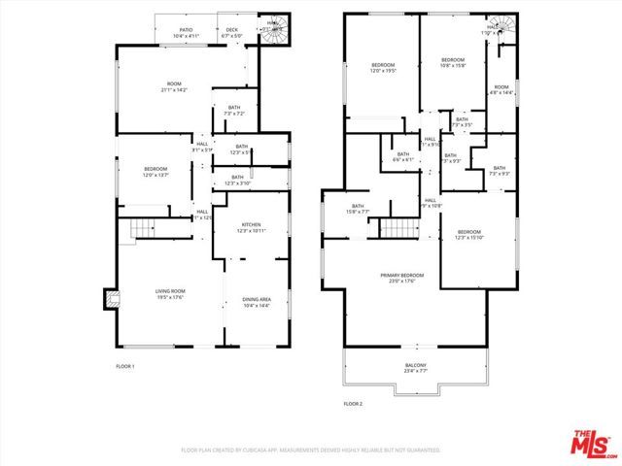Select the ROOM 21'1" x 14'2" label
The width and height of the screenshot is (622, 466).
(x=175, y=87)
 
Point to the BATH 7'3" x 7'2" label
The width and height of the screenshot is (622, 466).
(x=234, y=111)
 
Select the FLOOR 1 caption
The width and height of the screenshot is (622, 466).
(x=125, y=366)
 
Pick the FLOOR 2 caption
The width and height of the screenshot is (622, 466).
(x=353, y=403)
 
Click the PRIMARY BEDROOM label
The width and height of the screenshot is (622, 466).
(x=402, y=279)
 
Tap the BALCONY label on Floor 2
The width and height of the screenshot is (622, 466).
(x=415, y=367)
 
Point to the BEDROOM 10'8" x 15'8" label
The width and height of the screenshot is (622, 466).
(x=453, y=63)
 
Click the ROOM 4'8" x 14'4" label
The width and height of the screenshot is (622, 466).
(x=501, y=89)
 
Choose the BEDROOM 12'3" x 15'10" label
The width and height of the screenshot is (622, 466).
(x=469, y=234)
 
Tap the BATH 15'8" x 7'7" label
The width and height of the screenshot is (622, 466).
(x=358, y=208)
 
